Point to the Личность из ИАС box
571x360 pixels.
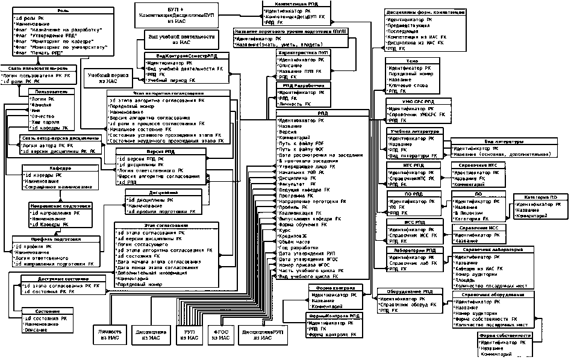click(x=108, y=335)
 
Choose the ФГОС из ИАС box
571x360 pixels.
click(x=220, y=335)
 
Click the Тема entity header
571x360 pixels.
click(x=411, y=61)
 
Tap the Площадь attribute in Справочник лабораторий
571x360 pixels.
click(x=465, y=280)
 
